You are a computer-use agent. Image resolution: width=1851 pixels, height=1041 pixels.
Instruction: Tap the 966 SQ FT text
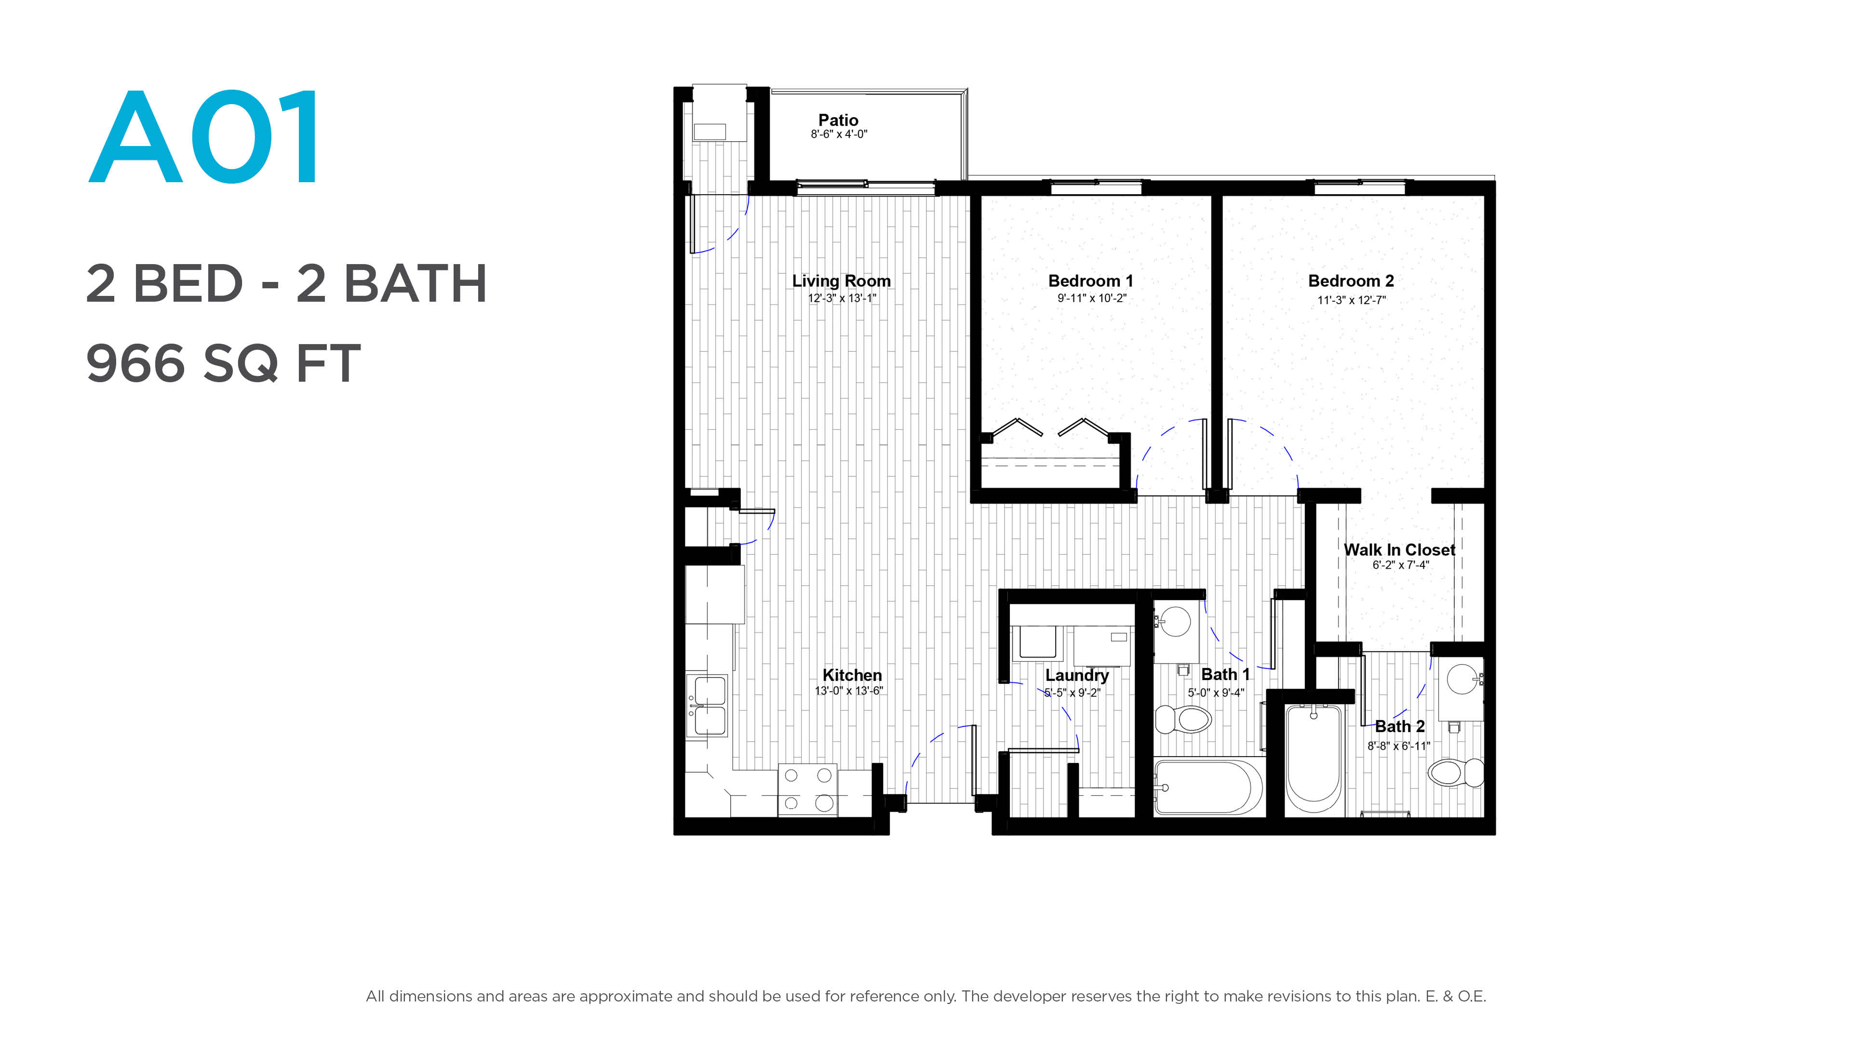pos(223,363)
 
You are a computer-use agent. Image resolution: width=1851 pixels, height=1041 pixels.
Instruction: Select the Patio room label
pos(838,120)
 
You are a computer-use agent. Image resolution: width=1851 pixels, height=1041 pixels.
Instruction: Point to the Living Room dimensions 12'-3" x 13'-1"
pos(842,298)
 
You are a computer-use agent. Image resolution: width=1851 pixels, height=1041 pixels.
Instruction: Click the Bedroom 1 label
pos(1090,281)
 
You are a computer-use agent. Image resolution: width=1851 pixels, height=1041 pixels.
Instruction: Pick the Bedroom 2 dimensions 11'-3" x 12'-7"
pos(1351,300)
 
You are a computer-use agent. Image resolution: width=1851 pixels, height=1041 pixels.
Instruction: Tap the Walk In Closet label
pos(1399,549)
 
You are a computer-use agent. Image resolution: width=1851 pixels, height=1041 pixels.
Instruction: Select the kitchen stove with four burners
pos(808,789)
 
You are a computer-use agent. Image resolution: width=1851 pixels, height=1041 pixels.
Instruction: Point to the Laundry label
pos(1076,675)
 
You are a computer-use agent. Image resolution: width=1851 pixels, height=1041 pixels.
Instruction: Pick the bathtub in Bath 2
pos(1313,760)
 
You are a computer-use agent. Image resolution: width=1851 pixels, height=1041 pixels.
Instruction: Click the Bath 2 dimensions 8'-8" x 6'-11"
pos(1398,746)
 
